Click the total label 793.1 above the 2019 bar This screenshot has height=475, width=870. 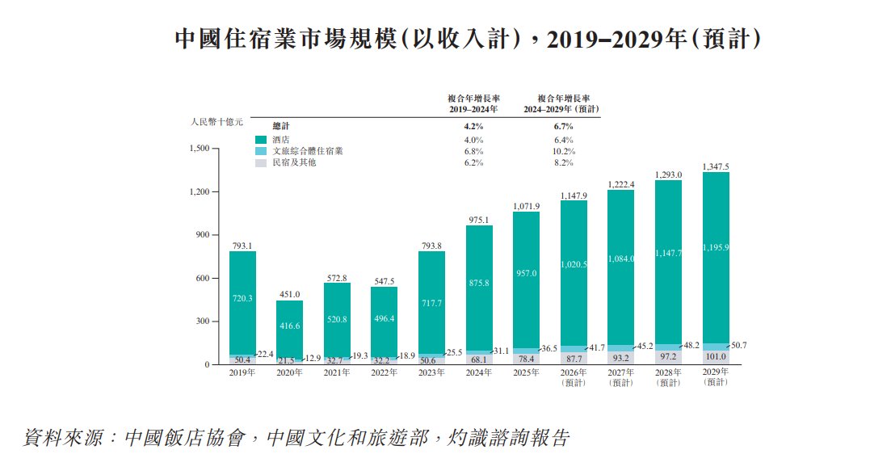point(242,246)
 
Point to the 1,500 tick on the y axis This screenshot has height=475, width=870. point(199,149)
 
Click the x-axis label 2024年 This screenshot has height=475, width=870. point(479,372)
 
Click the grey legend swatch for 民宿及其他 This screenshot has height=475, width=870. point(260,162)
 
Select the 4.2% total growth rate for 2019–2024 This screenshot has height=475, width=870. point(473,126)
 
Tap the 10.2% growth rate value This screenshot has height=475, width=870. point(564,151)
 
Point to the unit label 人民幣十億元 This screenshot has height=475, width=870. point(216,122)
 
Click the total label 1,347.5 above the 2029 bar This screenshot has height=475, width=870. point(717,166)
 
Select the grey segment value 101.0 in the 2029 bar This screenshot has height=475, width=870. point(717,357)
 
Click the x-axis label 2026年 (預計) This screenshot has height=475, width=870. point(574,376)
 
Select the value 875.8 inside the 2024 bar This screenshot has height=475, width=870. point(479,282)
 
